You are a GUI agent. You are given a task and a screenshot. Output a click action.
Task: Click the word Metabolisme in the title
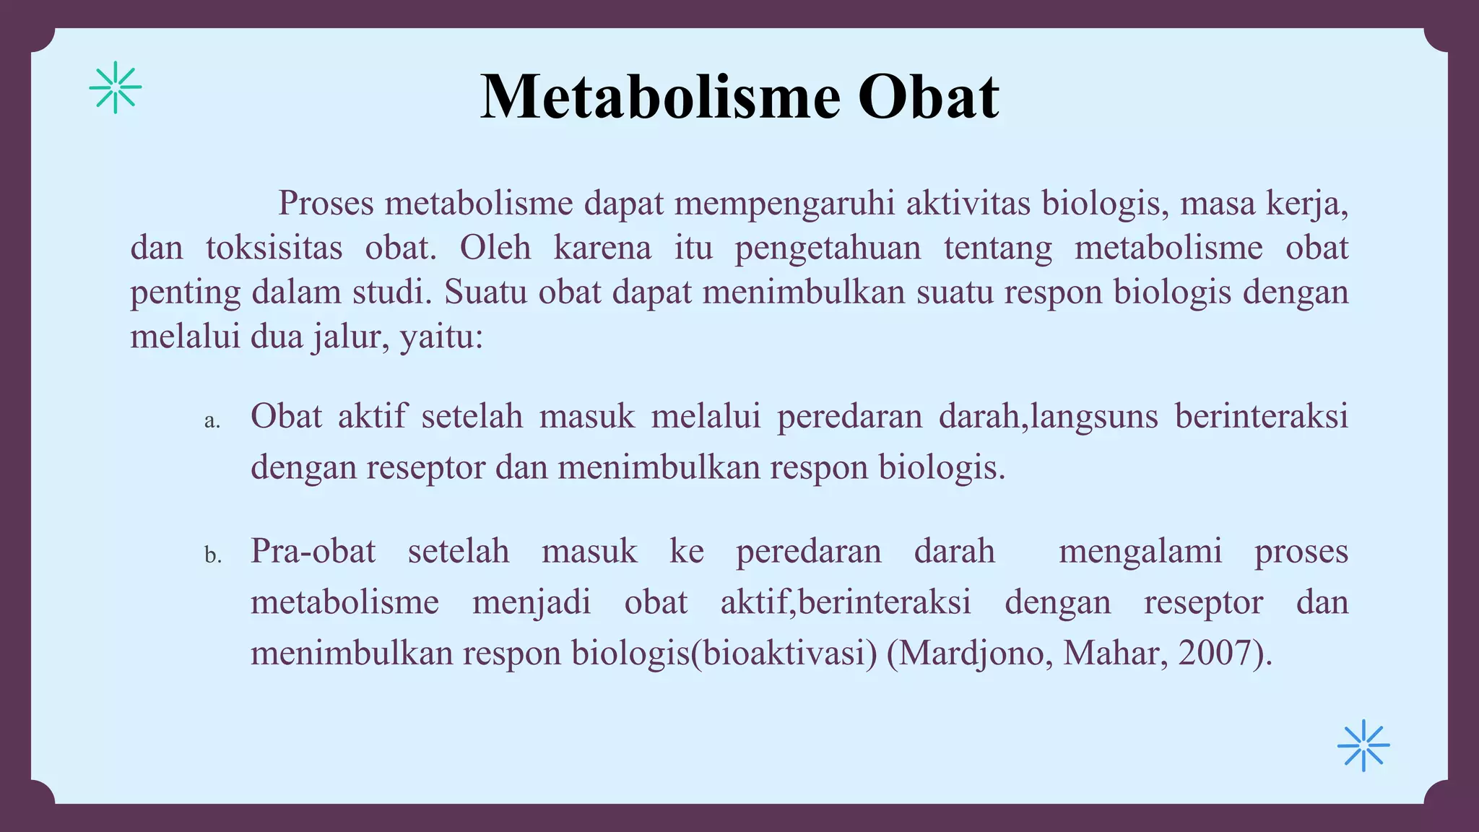[660, 97]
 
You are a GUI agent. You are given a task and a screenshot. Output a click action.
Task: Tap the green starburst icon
[116, 87]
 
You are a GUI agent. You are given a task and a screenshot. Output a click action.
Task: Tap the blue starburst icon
[1363, 745]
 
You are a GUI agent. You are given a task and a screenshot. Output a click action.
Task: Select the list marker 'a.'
[212, 421]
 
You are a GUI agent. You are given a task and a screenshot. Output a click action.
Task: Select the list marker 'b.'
[212, 555]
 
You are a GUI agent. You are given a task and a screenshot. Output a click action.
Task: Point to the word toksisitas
[274, 248]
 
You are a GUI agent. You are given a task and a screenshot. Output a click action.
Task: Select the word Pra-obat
[313, 552]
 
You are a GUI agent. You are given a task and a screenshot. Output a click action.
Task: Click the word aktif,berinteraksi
[846, 602]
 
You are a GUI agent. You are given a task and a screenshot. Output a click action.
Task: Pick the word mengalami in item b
[1140, 552]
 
